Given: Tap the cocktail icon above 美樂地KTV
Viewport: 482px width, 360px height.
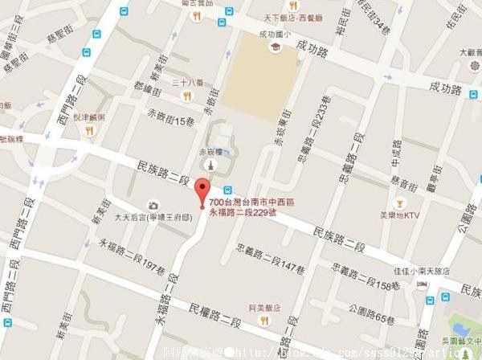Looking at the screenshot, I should click(x=399, y=200).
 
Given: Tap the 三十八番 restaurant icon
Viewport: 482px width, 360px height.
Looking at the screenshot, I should click(x=186, y=95).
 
